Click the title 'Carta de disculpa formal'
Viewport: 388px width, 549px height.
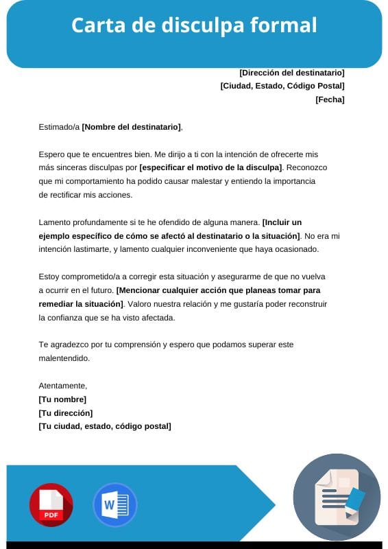point(194,25)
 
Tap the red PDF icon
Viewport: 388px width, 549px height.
point(51,505)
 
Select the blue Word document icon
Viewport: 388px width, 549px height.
point(114,505)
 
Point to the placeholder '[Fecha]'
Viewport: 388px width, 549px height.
point(330,100)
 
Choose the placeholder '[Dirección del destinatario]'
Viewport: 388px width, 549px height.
point(291,73)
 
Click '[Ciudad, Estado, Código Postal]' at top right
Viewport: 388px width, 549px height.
point(282,86)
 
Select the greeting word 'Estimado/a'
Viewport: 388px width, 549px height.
point(59,127)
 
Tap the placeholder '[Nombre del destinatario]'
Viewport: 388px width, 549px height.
point(132,127)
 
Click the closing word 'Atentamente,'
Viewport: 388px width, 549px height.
point(63,386)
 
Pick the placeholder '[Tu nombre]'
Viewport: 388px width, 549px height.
point(62,399)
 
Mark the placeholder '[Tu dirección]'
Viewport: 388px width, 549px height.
point(66,413)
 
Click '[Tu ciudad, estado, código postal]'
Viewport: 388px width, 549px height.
point(105,426)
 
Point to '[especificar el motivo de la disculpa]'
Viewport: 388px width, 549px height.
point(210,167)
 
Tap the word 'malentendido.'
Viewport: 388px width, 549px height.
point(64,358)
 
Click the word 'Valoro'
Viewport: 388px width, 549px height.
point(143,303)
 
